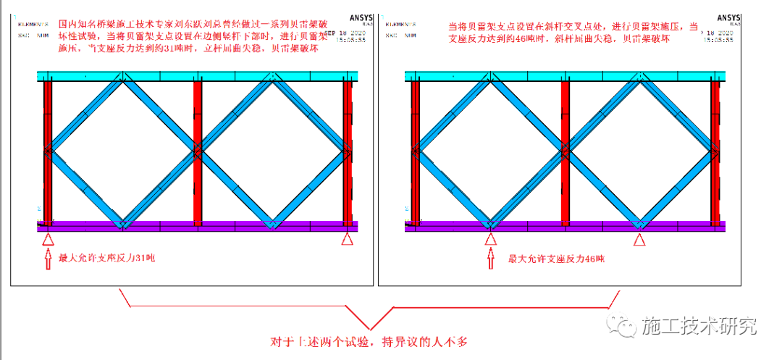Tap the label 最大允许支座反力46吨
[x=556, y=259]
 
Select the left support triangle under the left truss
[x=48, y=239]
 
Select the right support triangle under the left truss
[x=348, y=239]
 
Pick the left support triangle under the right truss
[x=491, y=239]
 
